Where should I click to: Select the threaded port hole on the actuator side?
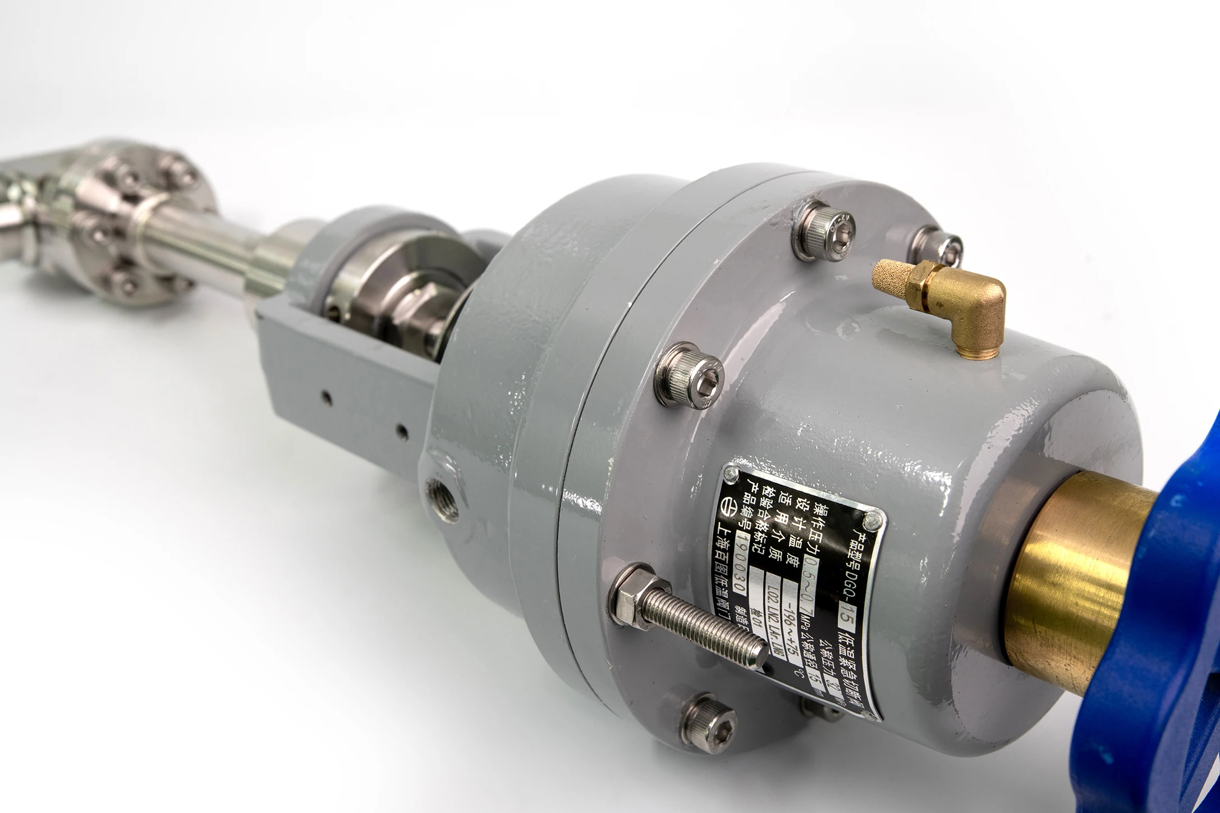coord(443,494)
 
